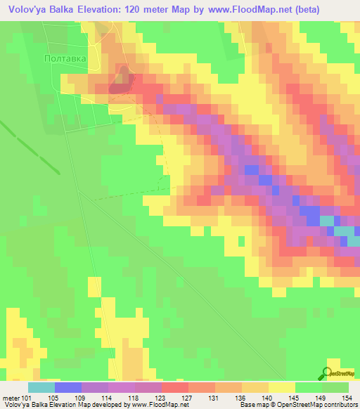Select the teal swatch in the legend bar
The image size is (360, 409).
41,387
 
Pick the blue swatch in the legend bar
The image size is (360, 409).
68,387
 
